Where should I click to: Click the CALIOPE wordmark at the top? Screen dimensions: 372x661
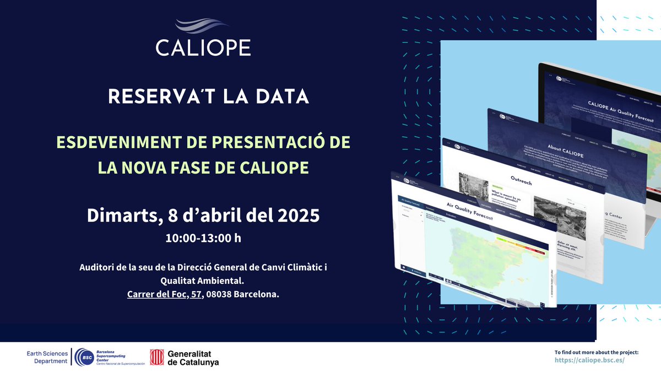pos(203,47)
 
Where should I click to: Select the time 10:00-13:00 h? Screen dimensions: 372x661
pos(203,239)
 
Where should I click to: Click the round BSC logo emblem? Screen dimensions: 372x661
pos(84,357)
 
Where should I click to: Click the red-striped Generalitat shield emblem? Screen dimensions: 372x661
pos(157,357)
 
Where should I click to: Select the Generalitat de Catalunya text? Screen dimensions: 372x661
pos(192,358)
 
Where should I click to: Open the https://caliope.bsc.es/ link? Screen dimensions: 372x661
pos(589,360)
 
